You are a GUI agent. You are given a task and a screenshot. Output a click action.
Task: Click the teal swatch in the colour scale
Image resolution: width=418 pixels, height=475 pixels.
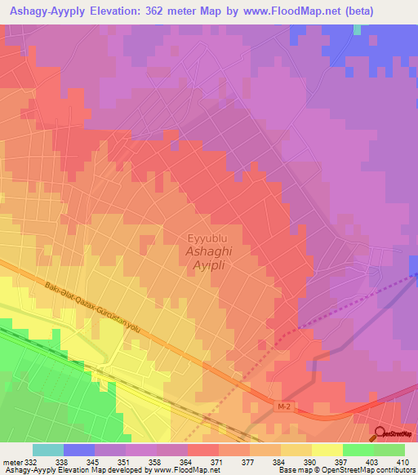(x=47, y=450)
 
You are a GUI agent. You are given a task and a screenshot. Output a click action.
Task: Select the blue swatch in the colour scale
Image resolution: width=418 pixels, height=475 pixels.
(x=78, y=450)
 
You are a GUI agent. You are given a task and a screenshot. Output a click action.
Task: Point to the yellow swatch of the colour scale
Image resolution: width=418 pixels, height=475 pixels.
(x=327, y=450)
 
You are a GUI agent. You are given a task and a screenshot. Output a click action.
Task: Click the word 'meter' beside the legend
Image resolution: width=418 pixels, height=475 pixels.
(x=12, y=461)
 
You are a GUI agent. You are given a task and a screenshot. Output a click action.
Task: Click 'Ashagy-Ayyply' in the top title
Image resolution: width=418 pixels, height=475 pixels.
(x=51, y=12)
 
